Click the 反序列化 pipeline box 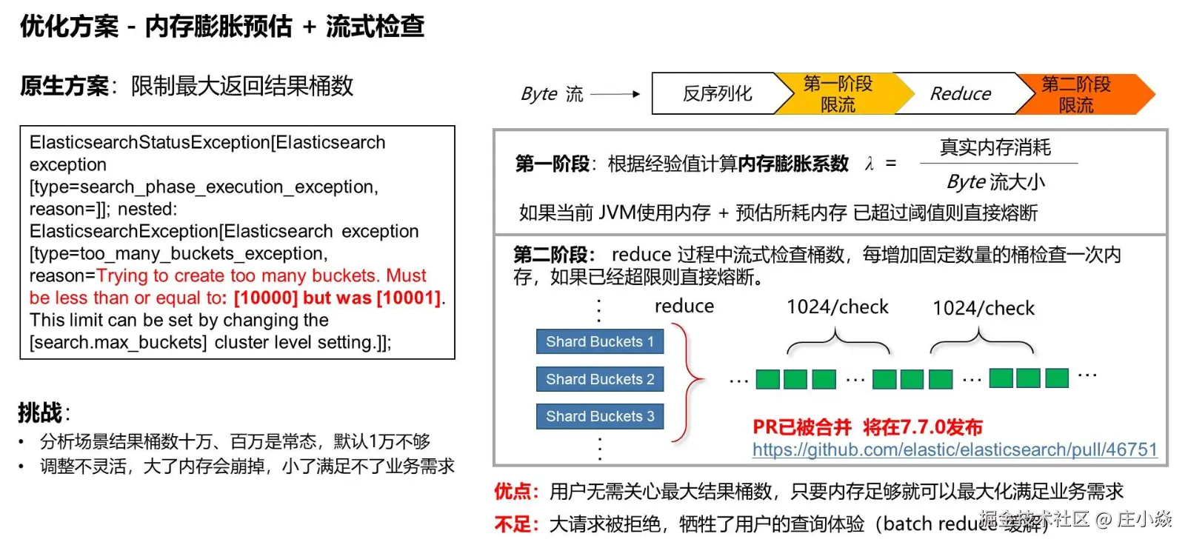click(x=716, y=94)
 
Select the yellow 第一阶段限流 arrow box click(x=838, y=94)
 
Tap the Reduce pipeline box click(x=960, y=94)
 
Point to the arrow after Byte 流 click(x=615, y=94)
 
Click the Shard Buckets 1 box click(x=600, y=341)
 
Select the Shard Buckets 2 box click(x=600, y=379)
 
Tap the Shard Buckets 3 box click(x=600, y=416)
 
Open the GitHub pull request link click(x=954, y=449)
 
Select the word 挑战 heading click(x=41, y=412)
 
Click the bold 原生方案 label click(x=64, y=86)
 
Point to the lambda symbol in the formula click(x=870, y=164)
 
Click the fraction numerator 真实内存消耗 click(x=995, y=147)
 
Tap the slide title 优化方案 click(x=69, y=27)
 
